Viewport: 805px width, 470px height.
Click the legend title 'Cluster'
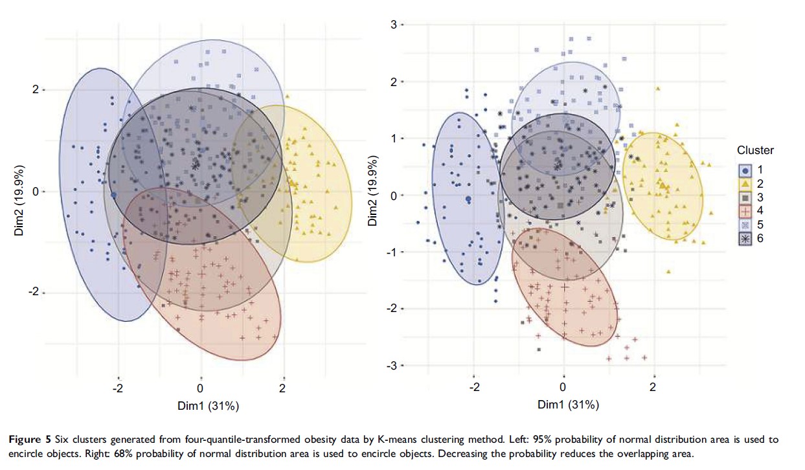point(755,150)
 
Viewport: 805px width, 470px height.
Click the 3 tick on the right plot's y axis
point(392,25)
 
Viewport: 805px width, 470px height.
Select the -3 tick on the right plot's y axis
point(391,366)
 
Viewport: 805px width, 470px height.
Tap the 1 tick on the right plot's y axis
point(392,139)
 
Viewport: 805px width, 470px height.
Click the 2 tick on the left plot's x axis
point(282,388)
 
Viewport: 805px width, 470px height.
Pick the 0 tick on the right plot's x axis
point(563,387)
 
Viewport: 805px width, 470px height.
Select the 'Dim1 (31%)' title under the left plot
point(209,406)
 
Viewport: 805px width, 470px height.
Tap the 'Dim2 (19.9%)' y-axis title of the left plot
point(21,192)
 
